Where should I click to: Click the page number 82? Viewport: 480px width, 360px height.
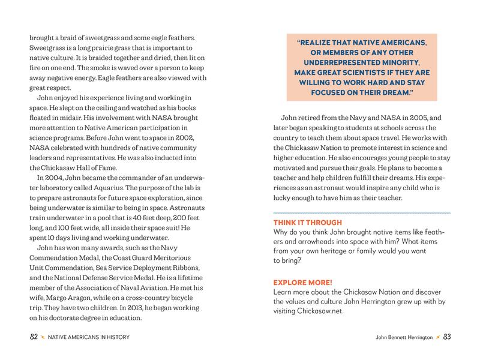click(34, 338)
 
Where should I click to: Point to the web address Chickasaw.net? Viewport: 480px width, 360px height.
click(323, 311)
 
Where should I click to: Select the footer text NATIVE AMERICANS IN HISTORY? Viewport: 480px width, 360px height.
click(89, 338)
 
